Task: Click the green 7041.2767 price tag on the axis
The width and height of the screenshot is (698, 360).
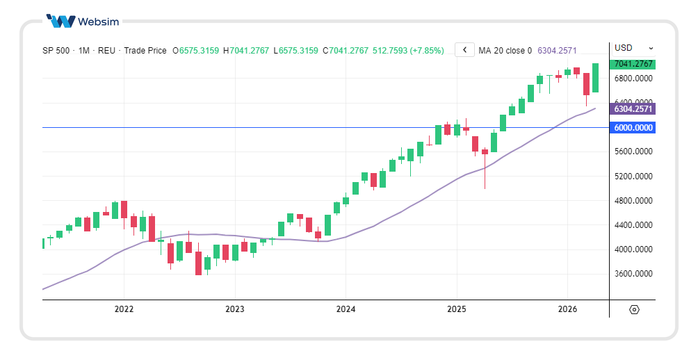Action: pyautogui.click(x=633, y=64)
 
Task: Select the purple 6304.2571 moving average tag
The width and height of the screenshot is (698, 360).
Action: pyautogui.click(x=633, y=109)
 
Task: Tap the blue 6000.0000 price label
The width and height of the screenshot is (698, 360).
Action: pyautogui.click(x=633, y=128)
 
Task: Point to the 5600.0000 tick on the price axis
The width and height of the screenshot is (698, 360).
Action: pyautogui.click(x=633, y=152)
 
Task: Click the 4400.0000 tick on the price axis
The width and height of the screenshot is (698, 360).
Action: pyautogui.click(x=633, y=225)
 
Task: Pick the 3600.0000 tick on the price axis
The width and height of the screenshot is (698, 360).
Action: pyautogui.click(x=633, y=274)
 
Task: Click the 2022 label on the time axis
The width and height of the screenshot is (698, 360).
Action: pyautogui.click(x=124, y=309)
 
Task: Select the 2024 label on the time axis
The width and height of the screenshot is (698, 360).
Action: pyautogui.click(x=346, y=309)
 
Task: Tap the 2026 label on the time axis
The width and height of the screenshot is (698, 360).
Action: pyautogui.click(x=567, y=309)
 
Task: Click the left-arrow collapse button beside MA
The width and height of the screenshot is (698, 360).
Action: pyautogui.click(x=464, y=50)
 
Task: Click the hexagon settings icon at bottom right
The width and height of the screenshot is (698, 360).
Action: pyautogui.click(x=634, y=310)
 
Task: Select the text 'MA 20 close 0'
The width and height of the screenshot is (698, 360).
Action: pyautogui.click(x=505, y=51)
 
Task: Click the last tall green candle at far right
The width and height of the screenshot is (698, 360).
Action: pyautogui.click(x=595, y=78)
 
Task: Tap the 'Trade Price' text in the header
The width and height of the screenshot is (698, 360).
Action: pyautogui.click(x=145, y=51)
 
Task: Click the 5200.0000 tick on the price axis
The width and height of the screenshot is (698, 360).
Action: pyautogui.click(x=633, y=177)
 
